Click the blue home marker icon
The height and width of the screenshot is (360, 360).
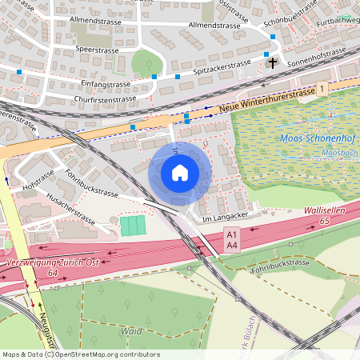pos(180,173)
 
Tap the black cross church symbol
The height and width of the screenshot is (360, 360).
pos(273,62)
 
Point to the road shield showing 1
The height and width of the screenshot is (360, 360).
pos(322,88)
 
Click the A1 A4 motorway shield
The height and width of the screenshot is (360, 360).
pos(232,238)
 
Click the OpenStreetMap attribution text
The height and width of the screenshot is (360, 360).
pos(80,354)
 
